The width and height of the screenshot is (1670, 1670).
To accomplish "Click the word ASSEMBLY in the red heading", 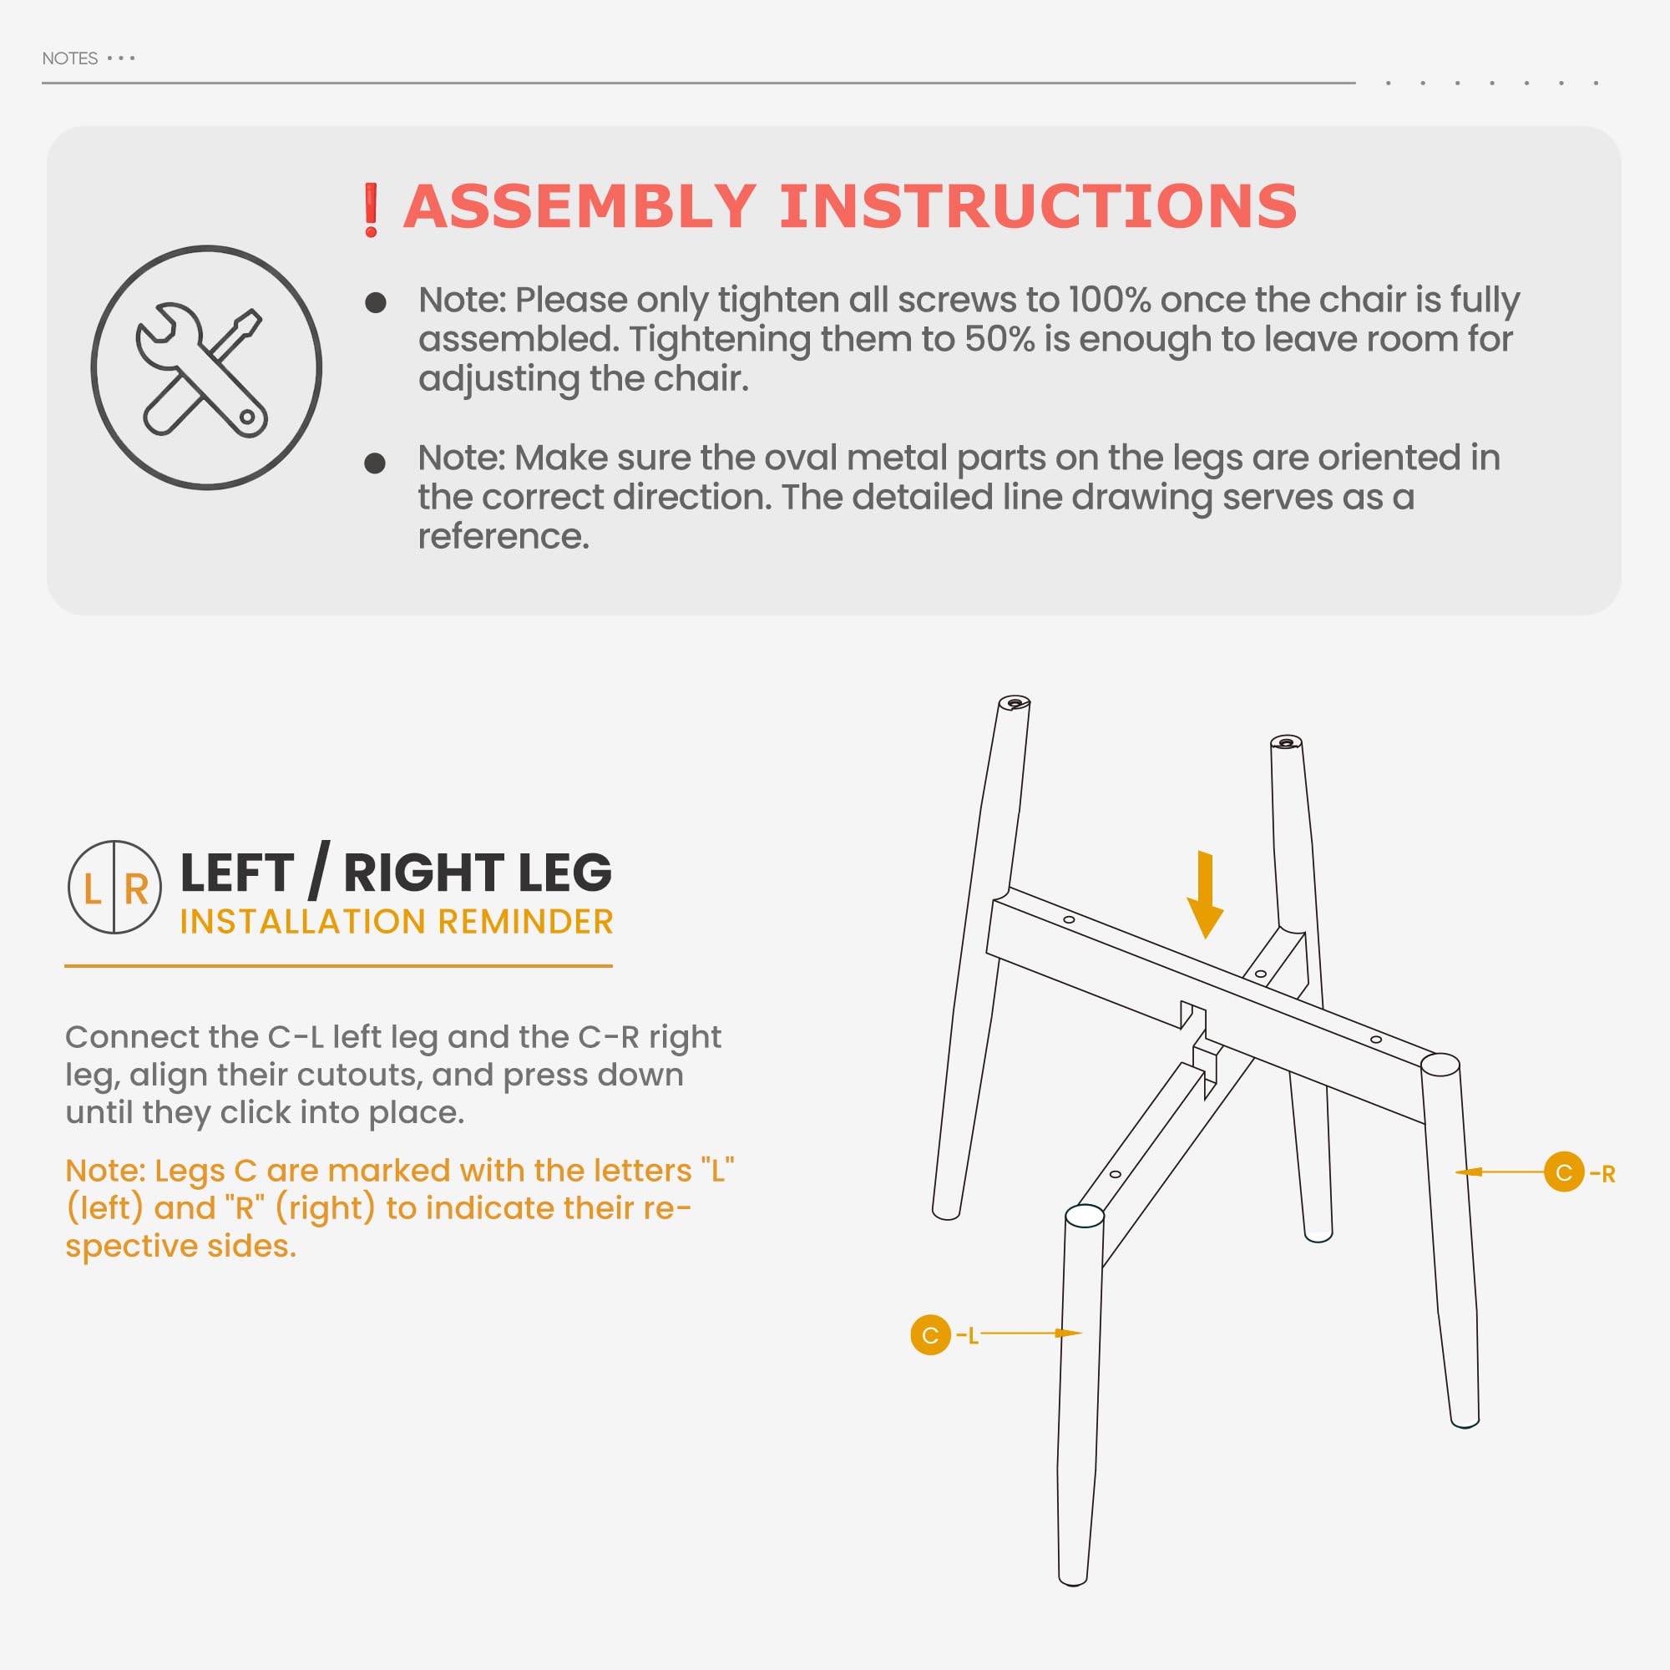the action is (x=580, y=206).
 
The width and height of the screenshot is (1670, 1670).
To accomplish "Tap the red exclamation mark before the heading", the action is (x=371, y=210).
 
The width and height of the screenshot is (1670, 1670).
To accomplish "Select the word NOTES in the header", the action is (x=70, y=58).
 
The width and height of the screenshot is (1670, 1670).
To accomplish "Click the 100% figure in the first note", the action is (x=1109, y=300).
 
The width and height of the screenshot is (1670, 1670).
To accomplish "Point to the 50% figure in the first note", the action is (x=999, y=339).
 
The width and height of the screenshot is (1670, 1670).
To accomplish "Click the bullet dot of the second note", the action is (x=374, y=463).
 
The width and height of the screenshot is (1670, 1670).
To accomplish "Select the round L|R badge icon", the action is (x=115, y=887).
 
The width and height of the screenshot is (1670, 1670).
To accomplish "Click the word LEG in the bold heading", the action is (x=565, y=873).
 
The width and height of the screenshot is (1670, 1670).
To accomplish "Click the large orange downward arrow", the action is (x=1205, y=895).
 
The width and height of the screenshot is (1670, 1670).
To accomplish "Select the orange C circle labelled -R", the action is (x=1564, y=1172).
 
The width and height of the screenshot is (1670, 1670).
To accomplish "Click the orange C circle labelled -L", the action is (x=930, y=1334).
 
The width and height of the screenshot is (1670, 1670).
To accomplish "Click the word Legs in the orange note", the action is (x=190, y=1172).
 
